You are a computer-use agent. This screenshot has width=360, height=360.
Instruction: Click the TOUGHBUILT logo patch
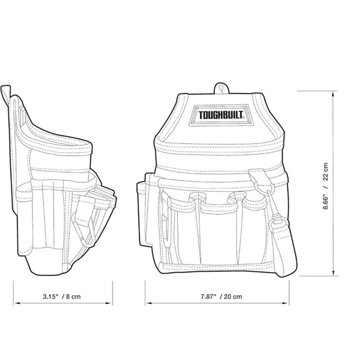pyautogui.click(x=221, y=115)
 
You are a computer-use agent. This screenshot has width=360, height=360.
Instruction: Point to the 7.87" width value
pyautogui.click(x=208, y=297)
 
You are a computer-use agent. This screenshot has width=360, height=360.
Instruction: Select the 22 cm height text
pyautogui.click(x=325, y=172)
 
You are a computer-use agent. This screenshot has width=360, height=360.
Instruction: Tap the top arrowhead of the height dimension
pyautogui.click(x=335, y=93)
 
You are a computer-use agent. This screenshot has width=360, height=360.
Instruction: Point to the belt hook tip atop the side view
pyautogui.click(x=4, y=89)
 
